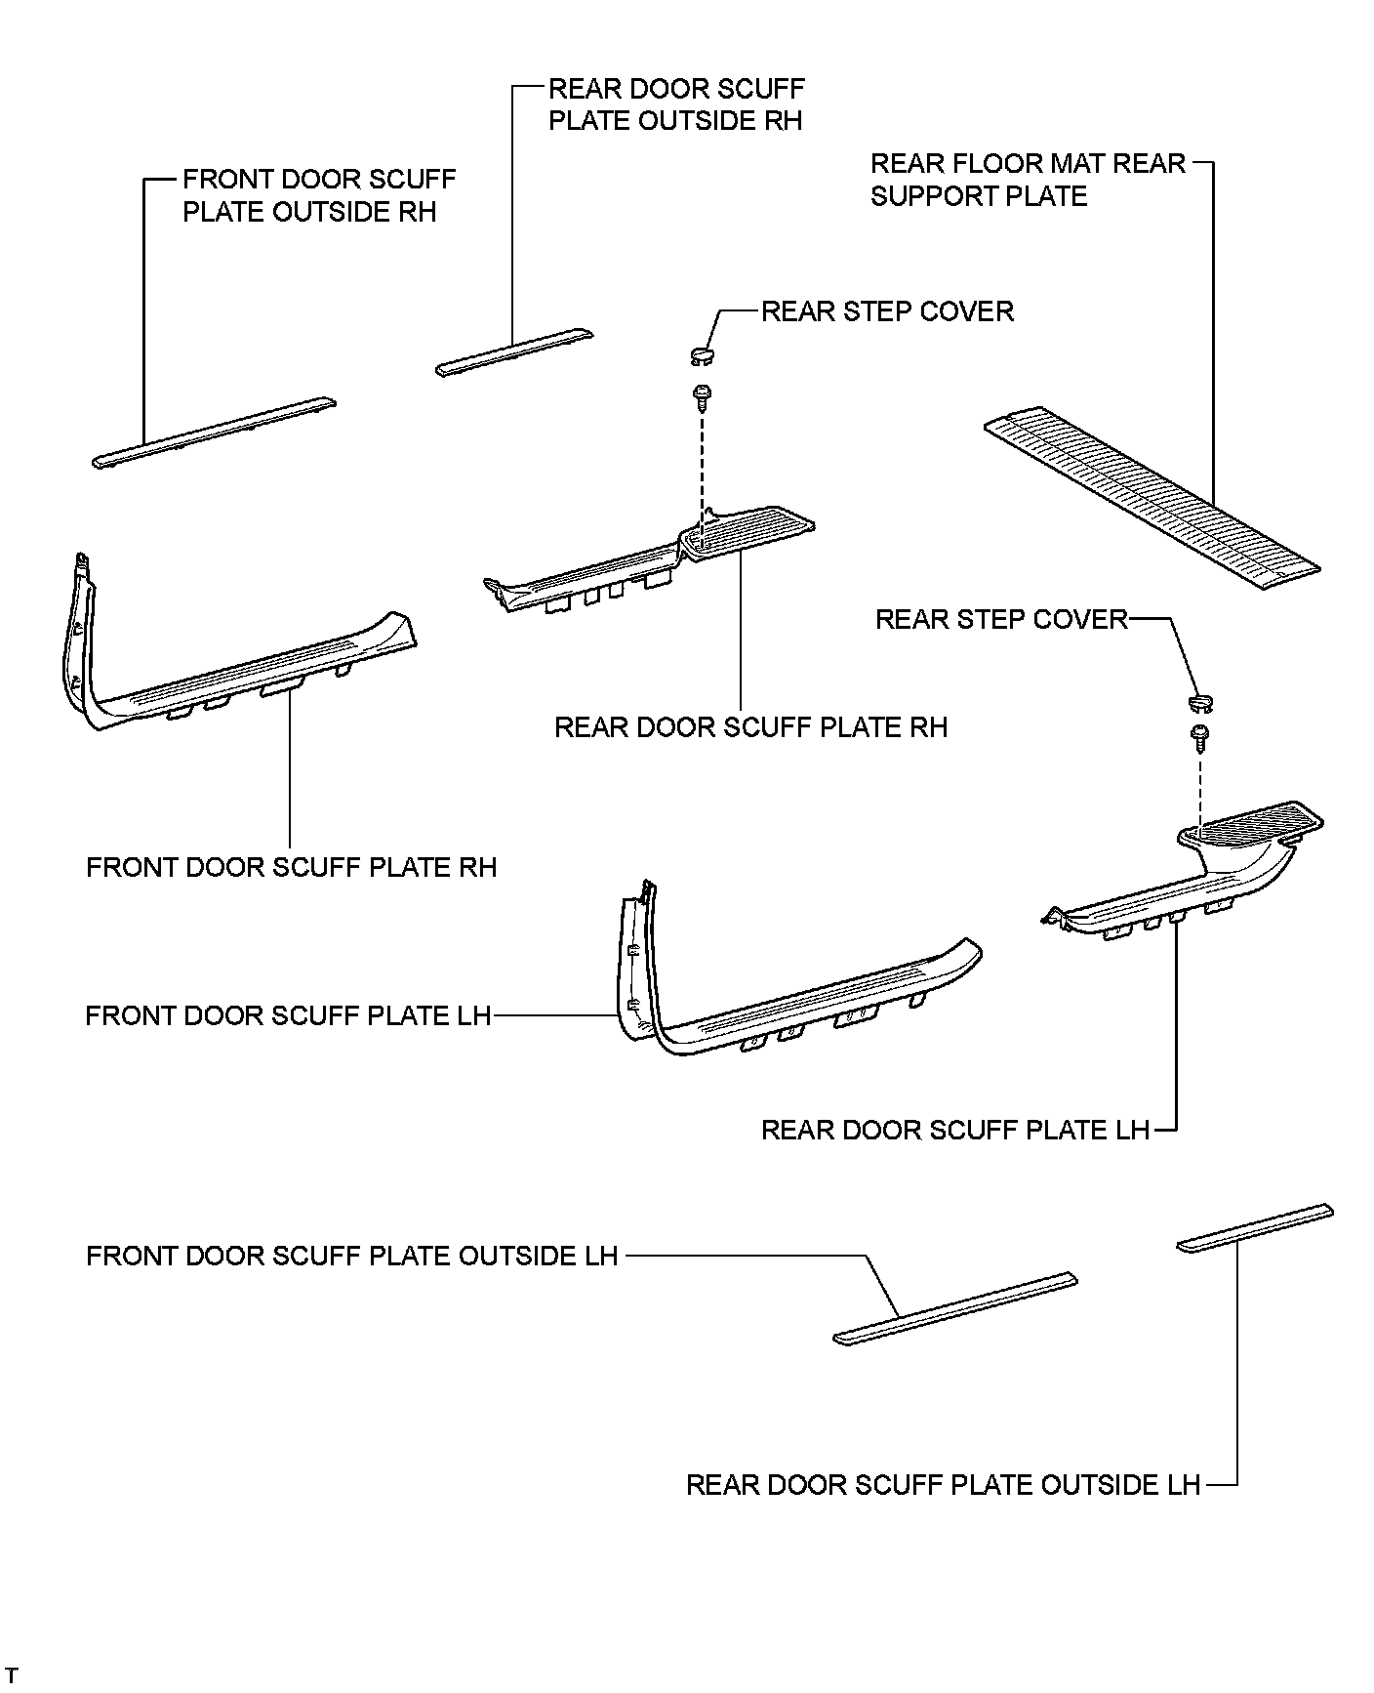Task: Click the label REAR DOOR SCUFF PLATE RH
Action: pyautogui.click(x=750, y=728)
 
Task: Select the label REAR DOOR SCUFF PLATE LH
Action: pyautogui.click(x=954, y=1131)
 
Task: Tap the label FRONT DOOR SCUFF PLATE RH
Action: pyautogui.click(x=291, y=868)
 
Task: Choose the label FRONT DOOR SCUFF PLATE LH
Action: pyautogui.click(x=288, y=1016)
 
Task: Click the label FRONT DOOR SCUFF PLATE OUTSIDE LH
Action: pyautogui.click(x=351, y=1256)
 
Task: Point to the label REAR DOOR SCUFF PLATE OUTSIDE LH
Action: pyautogui.click(x=942, y=1485)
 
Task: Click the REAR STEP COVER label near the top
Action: pyautogui.click(x=887, y=311)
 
